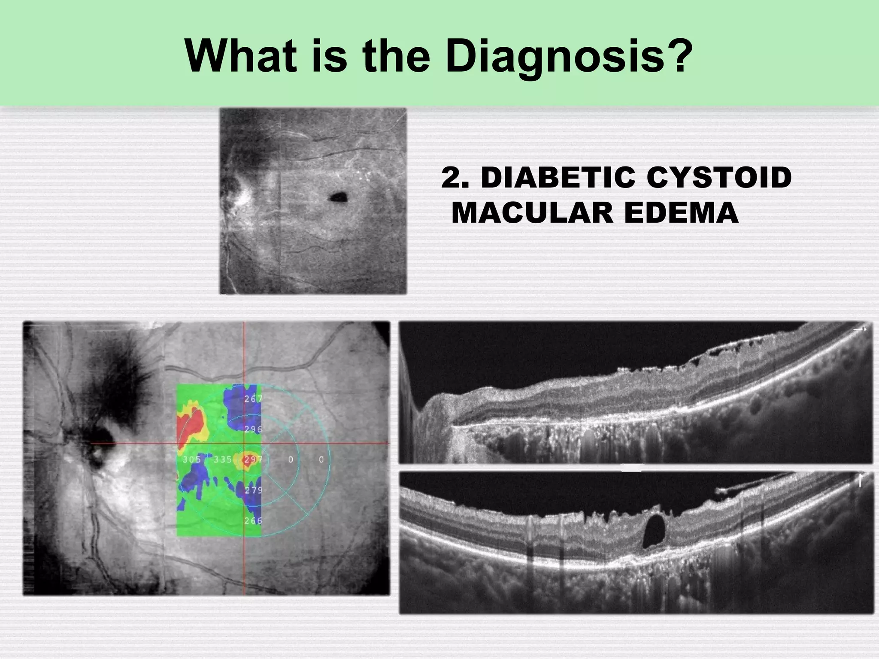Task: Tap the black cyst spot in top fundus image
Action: [339, 197]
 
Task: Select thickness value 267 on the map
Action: [253, 399]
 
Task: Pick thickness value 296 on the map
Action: [253, 429]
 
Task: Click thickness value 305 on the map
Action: [191, 459]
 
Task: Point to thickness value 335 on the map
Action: [223, 459]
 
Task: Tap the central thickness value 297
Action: [252, 459]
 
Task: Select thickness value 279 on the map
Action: [253, 490]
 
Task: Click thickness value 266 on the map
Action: [253, 521]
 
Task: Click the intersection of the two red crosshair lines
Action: [244, 443]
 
